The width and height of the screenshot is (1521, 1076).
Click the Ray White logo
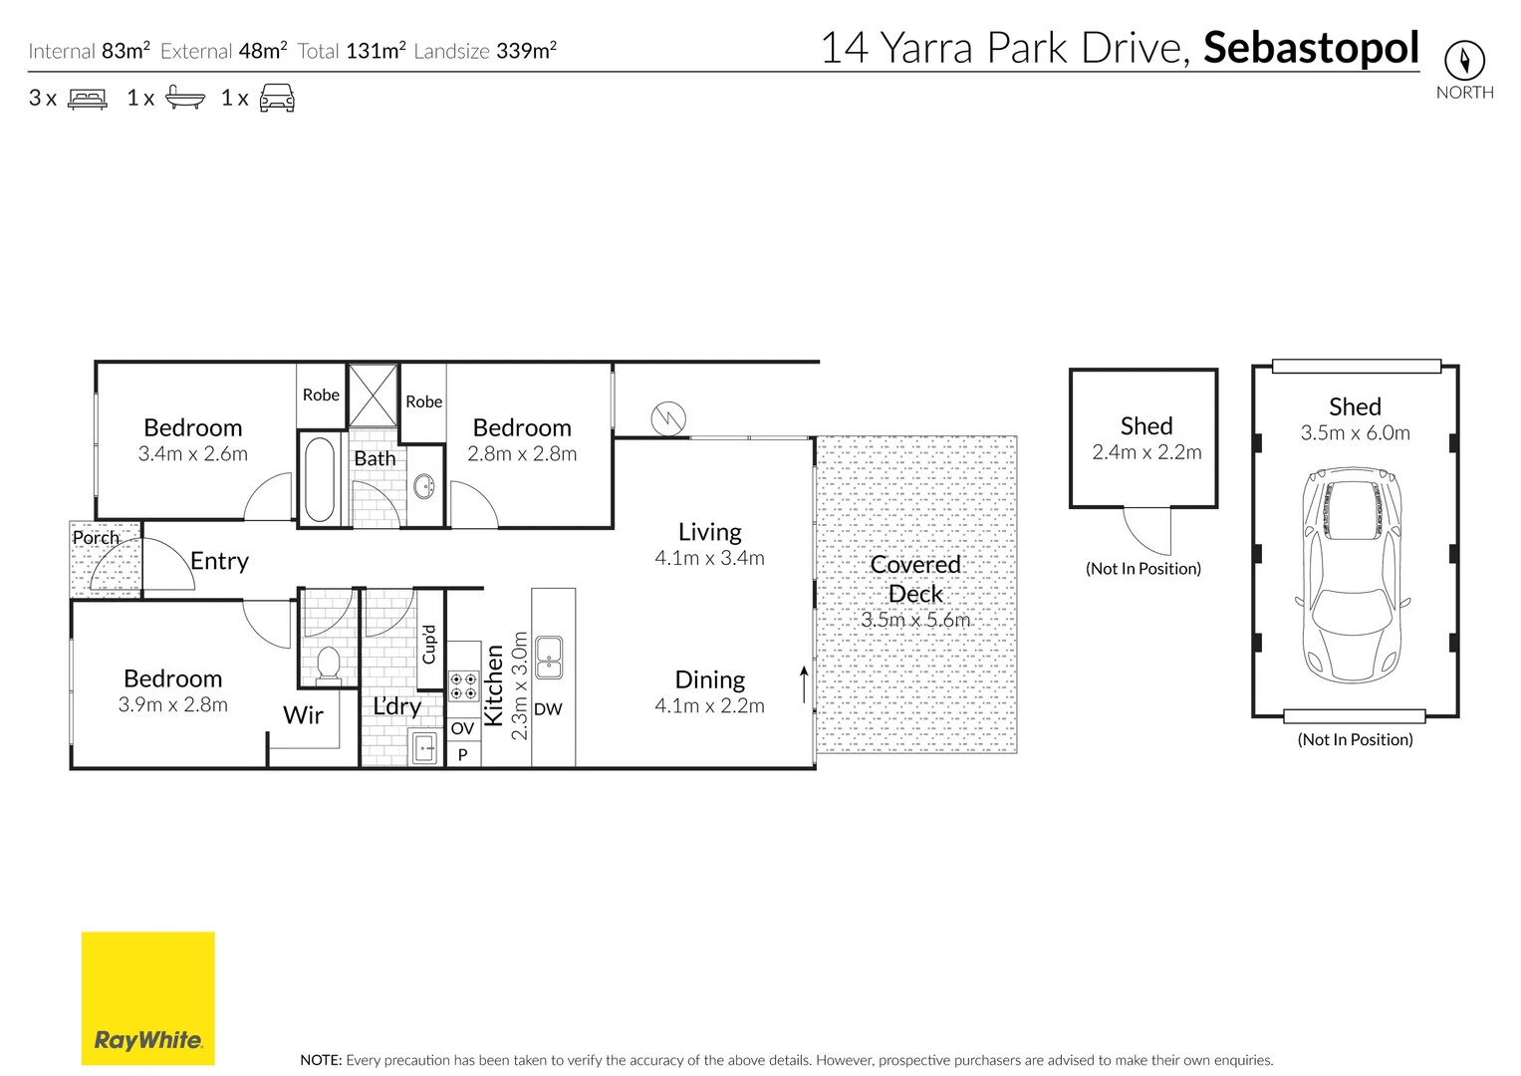(x=147, y=998)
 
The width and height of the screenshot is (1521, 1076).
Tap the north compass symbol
(x=1464, y=61)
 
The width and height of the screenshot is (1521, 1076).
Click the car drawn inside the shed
(x=1353, y=575)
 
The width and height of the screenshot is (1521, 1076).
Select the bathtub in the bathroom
(x=320, y=479)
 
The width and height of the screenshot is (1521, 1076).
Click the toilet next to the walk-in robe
(x=328, y=664)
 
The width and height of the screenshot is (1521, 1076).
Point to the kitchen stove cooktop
(x=463, y=686)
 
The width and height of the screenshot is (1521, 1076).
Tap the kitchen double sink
(x=549, y=658)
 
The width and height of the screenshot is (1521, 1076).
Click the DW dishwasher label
(x=548, y=709)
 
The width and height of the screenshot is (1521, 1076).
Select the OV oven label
(x=462, y=729)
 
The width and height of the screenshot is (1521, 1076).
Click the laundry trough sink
(x=425, y=746)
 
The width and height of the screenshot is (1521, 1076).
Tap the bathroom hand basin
(x=424, y=487)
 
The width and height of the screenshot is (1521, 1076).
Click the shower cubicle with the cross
(x=373, y=396)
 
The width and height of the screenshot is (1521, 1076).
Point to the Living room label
(x=709, y=532)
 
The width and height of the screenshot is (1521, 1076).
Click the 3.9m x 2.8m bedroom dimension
(x=172, y=705)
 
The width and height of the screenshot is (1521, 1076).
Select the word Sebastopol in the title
(x=1311, y=48)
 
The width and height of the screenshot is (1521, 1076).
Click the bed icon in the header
(x=87, y=99)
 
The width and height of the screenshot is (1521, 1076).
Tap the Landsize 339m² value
(x=526, y=51)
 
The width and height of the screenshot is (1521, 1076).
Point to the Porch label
(x=96, y=538)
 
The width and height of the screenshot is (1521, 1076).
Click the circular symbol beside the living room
(x=668, y=418)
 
